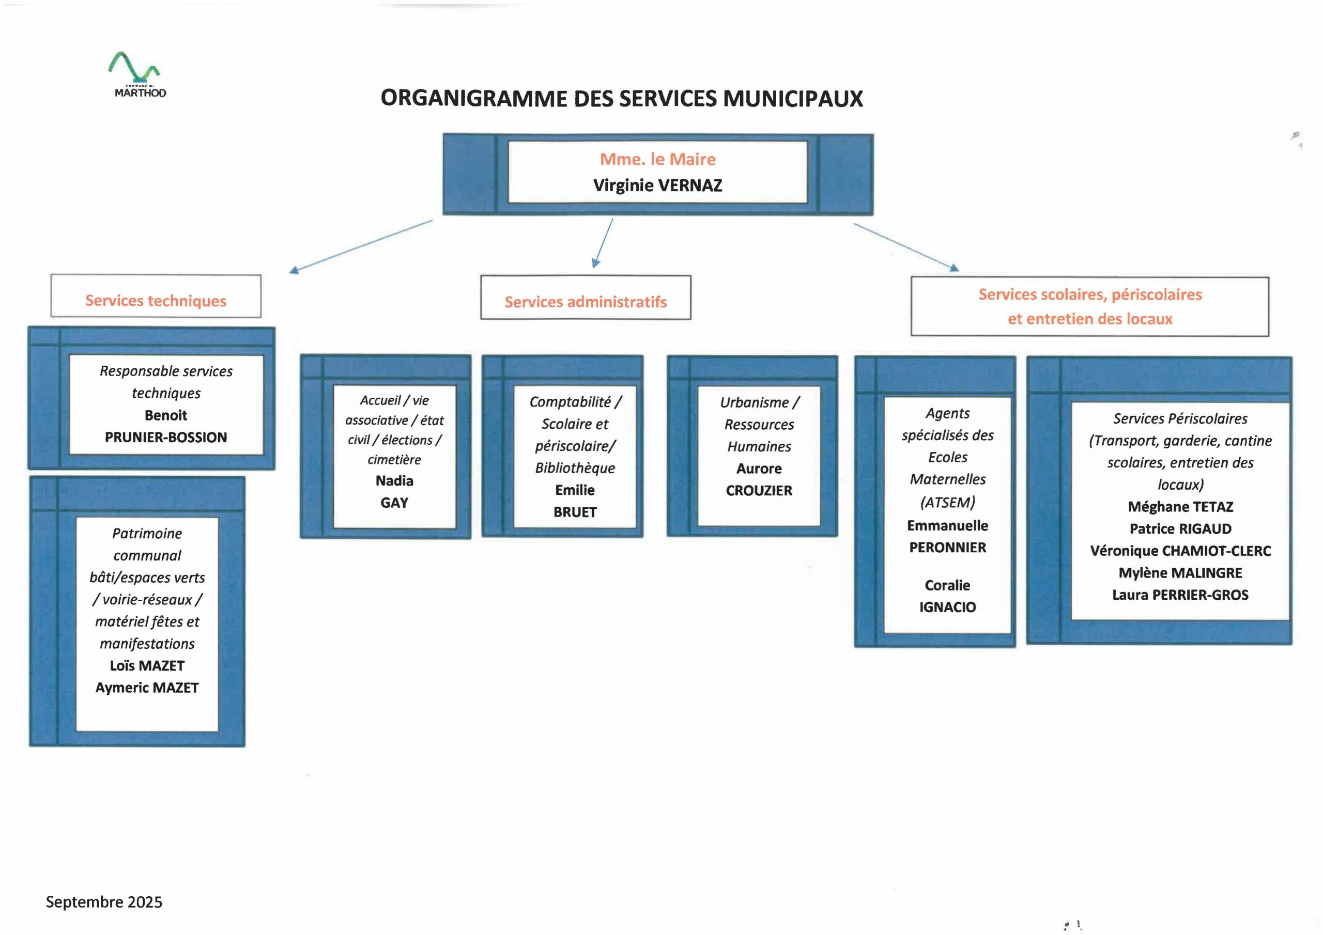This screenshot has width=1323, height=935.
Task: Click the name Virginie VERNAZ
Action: click(657, 185)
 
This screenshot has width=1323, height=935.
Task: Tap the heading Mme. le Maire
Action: click(657, 159)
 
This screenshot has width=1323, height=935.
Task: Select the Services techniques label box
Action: click(156, 297)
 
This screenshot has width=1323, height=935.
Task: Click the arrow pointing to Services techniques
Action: click(361, 246)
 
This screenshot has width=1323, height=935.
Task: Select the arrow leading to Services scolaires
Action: click(905, 247)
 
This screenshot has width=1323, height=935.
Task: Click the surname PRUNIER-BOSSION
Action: click(166, 437)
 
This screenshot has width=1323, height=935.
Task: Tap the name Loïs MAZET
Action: click(147, 665)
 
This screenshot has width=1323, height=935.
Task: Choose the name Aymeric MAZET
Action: click(147, 687)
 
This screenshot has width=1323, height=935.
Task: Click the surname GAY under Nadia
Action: click(394, 502)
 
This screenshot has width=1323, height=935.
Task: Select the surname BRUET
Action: click(575, 511)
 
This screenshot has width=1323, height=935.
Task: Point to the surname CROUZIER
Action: click(759, 490)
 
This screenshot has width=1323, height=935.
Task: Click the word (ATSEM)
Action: click(947, 502)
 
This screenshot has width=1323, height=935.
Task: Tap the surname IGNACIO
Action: click(947, 606)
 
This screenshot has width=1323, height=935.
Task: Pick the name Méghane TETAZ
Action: click(1180, 506)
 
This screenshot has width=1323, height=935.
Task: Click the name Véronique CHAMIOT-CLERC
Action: click(1180, 551)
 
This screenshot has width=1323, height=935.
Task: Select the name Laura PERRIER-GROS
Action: click(1180, 595)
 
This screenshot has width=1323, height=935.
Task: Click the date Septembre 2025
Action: click(104, 901)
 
